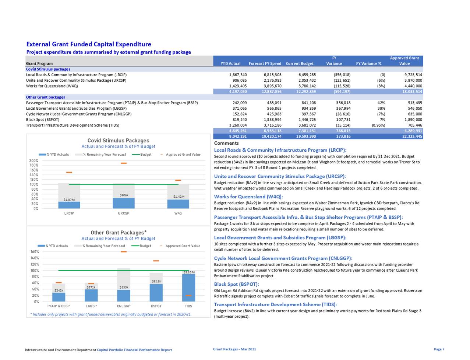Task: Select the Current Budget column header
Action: tap(300, 63)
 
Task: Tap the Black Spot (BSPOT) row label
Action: tap(40, 120)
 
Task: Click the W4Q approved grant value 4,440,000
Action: tap(413, 86)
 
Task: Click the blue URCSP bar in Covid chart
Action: tap(124, 203)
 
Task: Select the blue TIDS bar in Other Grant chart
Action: tap(188, 287)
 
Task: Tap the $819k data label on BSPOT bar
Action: tap(156, 281)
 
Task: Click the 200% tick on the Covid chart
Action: tap(33, 161)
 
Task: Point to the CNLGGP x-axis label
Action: tap(124, 306)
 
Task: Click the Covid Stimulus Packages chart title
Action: tap(118, 141)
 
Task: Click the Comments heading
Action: tap(226, 143)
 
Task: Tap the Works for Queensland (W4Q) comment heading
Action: tap(248, 197)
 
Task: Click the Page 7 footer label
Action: tap(439, 349)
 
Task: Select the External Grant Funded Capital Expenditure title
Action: tap(89, 44)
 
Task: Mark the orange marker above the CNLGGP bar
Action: tap(124, 252)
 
